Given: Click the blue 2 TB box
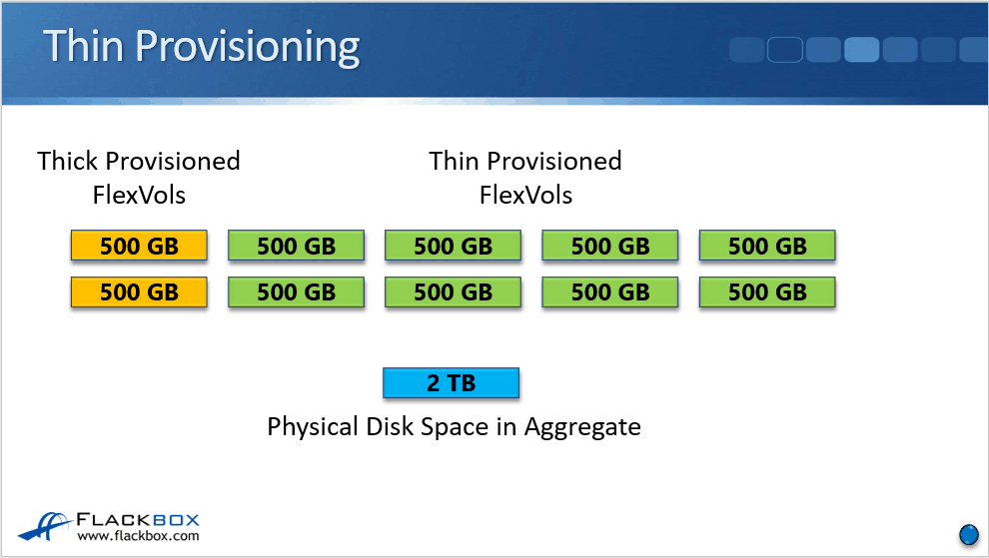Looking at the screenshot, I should (x=451, y=383).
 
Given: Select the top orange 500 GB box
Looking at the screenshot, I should (x=139, y=246).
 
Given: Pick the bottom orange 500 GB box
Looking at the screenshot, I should (x=139, y=292).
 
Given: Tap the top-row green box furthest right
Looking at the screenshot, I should (x=767, y=246).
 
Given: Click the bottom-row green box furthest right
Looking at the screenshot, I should (x=767, y=292).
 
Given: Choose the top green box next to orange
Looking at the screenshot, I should (x=296, y=246).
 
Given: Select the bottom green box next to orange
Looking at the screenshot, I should (x=296, y=292).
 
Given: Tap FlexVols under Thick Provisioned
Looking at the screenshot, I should (x=139, y=195).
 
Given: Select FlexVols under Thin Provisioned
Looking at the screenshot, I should (x=525, y=195).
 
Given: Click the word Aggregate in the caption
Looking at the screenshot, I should (x=582, y=427).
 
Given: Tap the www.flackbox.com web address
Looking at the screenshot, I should (x=138, y=536).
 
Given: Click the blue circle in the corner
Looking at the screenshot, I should (x=968, y=534).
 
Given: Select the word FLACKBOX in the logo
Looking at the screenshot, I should (x=138, y=519).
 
